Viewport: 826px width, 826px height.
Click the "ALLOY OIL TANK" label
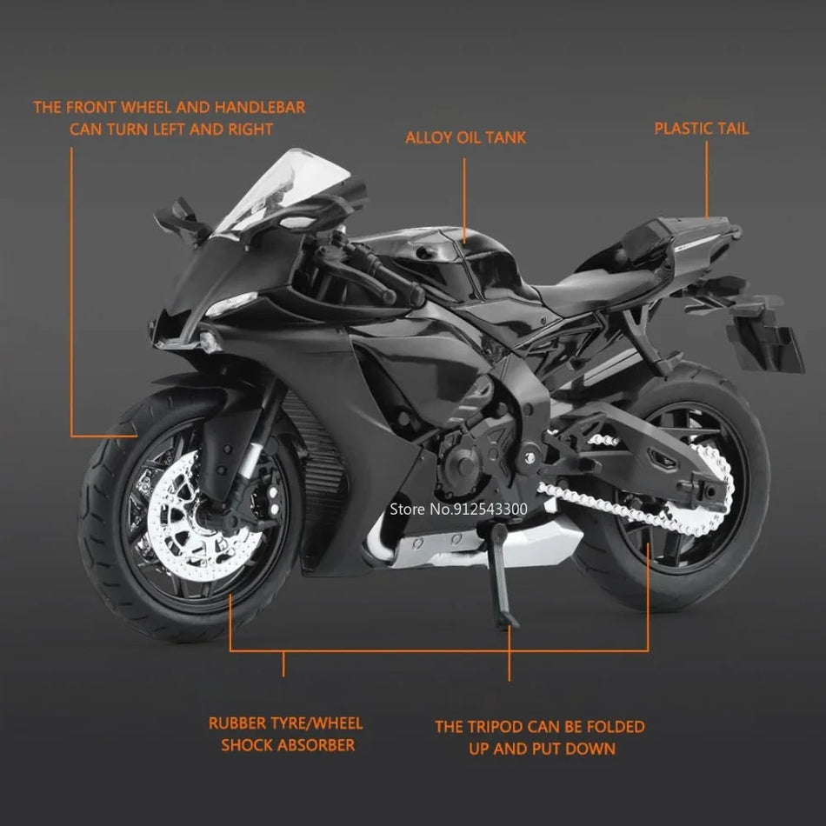(465, 138)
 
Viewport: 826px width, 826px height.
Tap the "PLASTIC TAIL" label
(701, 129)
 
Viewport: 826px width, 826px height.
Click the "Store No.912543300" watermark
(458, 509)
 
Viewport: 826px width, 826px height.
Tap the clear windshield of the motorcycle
(284, 190)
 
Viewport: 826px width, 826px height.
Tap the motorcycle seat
(596, 287)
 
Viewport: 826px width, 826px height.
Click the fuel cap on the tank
(422, 253)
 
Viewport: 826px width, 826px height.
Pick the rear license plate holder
(765, 340)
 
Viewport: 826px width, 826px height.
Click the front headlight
(230, 304)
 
